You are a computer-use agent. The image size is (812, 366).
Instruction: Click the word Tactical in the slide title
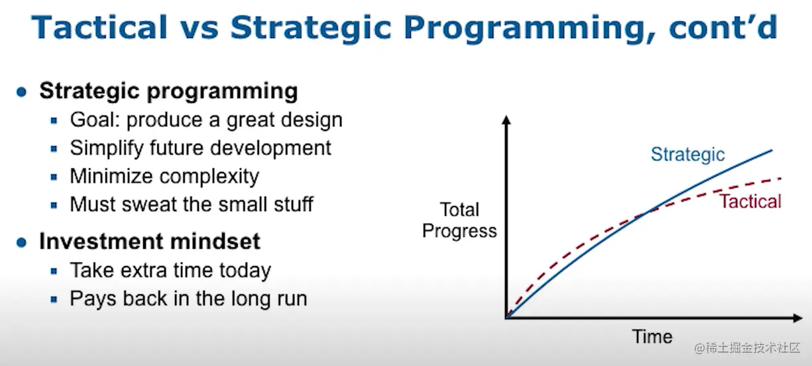click(x=99, y=27)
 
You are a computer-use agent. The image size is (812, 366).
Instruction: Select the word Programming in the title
click(x=530, y=29)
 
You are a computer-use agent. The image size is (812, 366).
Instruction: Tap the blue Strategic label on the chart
click(x=687, y=155)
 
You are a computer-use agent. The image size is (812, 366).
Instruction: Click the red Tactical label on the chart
click(x=750, y=201)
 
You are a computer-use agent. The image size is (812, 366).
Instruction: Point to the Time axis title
click(x=652, y=337)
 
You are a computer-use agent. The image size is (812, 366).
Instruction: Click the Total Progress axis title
click(x=459, y=220)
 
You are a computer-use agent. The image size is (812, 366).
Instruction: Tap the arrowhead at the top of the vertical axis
click(x=506, y=120)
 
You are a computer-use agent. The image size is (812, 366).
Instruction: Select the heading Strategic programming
click(x=168, y=91)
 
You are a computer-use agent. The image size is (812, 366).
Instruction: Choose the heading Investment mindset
click(x=150, y=241)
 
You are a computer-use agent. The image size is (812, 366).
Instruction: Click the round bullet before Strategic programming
click(x=22, y=92)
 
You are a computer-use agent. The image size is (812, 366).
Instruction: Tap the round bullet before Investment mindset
click(x=22, y=242)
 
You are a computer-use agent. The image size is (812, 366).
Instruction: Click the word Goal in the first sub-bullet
click(x=95, y=120)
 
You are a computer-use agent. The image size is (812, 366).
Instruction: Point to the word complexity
click(x=209, y=177)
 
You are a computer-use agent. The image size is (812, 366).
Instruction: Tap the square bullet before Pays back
click(x=54, y=300)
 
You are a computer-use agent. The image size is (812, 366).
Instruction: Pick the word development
click(x=270, y=148)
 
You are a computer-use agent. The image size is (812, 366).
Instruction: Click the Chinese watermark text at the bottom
click(x=747, y=348)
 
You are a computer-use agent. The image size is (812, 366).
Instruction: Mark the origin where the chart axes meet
click(x=506, y=318)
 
